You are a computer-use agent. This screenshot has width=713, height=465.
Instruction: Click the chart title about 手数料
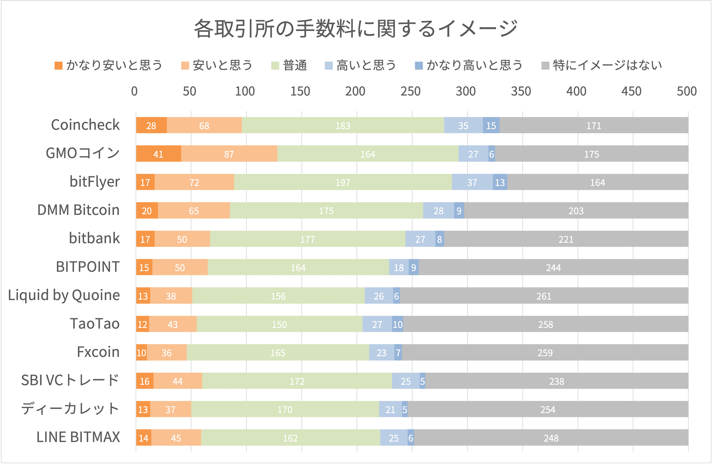tap(356, 29)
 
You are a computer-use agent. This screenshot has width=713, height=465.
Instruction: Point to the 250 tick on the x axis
tap(410, 91)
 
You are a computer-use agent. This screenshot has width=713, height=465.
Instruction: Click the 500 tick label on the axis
tap(687, 91)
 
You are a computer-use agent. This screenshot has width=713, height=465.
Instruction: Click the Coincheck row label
tap(85, 125)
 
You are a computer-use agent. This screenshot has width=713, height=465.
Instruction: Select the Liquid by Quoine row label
tap(64, 295)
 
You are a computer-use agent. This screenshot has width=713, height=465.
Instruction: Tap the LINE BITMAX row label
tap(78, 437)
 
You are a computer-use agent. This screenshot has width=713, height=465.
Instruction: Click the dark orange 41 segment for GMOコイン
tap(158, 154)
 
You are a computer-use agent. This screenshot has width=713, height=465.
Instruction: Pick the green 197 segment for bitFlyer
tap(343, 182)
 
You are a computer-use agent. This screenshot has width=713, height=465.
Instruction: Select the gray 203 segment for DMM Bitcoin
tap(576, 210)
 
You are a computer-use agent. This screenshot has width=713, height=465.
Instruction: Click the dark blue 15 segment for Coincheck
tap(491, 125)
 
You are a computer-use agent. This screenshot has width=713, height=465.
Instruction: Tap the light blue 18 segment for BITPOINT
tap(399, 267)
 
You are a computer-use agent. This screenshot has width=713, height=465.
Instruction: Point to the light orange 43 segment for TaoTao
tap(173, 324)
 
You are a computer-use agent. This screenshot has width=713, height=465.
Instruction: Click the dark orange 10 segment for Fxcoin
tap(141, 352)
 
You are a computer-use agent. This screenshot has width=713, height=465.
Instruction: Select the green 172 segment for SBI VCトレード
tap(297, 381)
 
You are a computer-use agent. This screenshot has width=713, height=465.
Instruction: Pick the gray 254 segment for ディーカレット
tap(548, 409)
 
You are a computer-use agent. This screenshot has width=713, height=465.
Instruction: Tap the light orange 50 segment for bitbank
tap(182, 239)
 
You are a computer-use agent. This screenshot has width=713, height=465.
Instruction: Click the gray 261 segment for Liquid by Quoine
tap(544, 296)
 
